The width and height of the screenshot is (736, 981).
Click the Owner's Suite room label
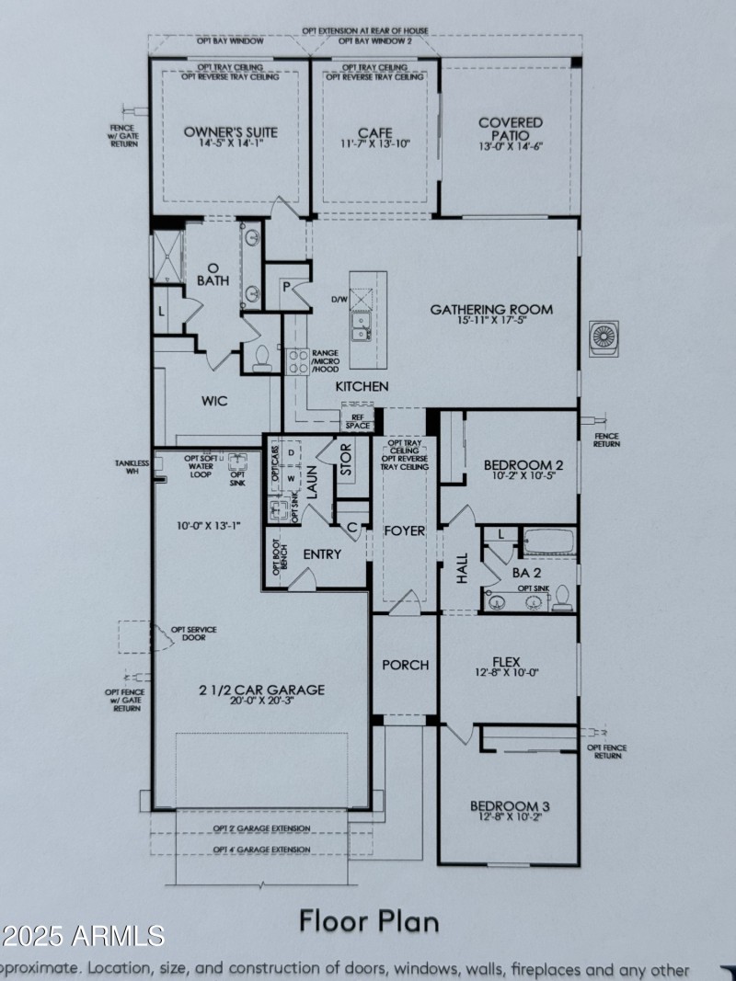230,131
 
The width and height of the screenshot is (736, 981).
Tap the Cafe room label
374,133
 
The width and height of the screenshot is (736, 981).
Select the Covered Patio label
511,129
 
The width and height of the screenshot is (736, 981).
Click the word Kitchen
362,386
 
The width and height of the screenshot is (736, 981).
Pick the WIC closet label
214,401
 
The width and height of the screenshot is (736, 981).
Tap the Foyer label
405,530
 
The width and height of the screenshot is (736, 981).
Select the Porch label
405,665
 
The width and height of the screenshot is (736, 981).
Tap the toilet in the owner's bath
259,358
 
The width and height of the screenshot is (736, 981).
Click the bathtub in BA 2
548,542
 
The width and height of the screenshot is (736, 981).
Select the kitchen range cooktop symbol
297,360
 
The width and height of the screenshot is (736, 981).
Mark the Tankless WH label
132,467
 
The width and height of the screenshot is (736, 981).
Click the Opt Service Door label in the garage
194,633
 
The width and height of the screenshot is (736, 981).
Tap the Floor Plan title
369,919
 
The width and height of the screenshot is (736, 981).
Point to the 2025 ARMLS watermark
83,936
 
